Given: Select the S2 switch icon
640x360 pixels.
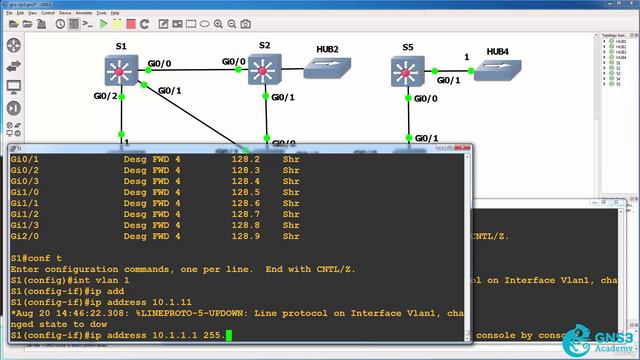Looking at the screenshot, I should pyautogui.click(x=264, y=70).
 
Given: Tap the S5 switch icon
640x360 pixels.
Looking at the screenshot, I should pyautogui.click(x=406, y=72).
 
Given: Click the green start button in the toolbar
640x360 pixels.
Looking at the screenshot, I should pyautogui.click(x=102, y=22).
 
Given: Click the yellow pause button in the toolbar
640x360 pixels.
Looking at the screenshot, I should pyautogui.click(x=117, y=22).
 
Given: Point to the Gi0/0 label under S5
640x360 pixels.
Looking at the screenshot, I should pyautogui.click(x=425, y=98).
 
